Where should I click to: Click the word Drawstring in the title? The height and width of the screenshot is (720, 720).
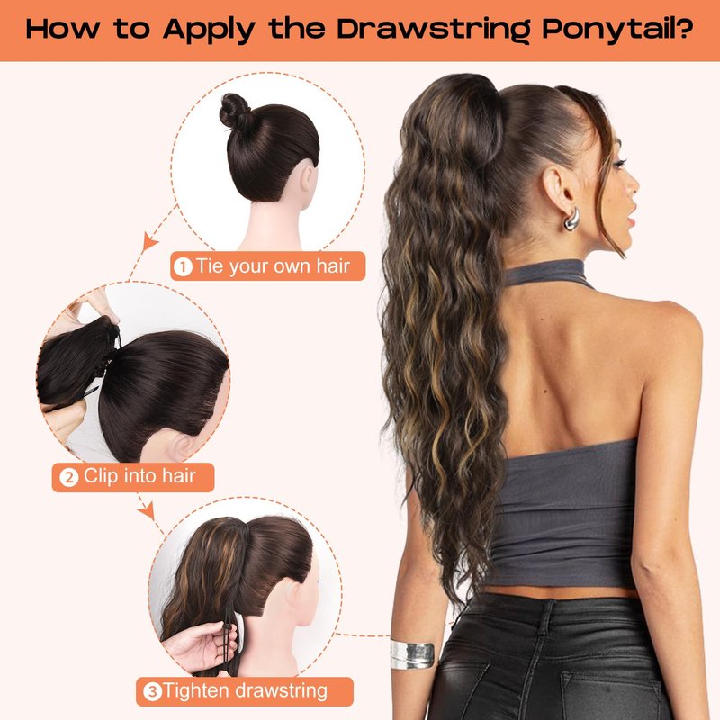(x=434, y=29)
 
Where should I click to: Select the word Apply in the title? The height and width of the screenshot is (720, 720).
(x=209, y=30)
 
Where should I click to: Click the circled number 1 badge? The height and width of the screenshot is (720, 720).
(x=183, y=266)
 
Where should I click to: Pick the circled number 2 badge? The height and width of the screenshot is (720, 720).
(x=69, y=478)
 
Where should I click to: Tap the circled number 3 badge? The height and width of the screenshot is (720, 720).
(x=153, y=691)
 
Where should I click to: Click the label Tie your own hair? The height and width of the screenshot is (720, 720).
(x=273, y=265)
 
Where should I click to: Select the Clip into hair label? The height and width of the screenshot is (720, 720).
(x=139, y=476)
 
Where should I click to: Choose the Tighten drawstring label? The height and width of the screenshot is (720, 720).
(x=245, y=690)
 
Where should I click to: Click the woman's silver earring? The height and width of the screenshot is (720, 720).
(x=571, y=219)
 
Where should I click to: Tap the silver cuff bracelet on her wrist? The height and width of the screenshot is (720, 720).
(x=412, y=653)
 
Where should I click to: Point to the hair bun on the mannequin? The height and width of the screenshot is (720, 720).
(x=236, y=111)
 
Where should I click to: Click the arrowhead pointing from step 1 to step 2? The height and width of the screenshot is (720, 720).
(x=149, y=241)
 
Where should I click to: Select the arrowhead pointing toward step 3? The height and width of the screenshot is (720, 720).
(x=147, y=510)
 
